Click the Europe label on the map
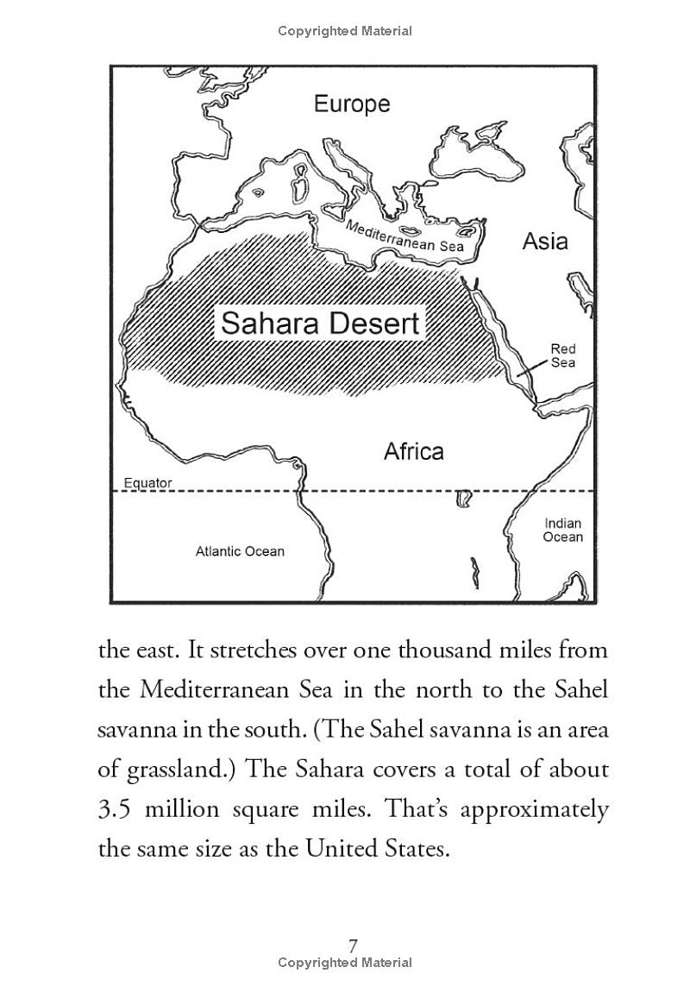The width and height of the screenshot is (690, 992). click(352, 104)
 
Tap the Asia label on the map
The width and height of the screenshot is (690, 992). click(545, 242)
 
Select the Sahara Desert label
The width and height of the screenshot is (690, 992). click(320, 323)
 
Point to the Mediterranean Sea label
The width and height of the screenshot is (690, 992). click(405, 235)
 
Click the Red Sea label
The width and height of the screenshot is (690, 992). click(563, 355)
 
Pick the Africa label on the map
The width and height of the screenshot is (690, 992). click(413, 451)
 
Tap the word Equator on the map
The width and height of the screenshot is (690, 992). click(147, 483)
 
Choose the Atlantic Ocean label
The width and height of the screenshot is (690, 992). click(240, 551)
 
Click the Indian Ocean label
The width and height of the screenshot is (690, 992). click(563, 530)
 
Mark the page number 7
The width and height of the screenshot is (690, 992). click(353, 946)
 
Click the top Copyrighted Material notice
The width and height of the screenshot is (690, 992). click(345, 31)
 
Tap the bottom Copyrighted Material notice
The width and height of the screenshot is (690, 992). click(345, 963)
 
